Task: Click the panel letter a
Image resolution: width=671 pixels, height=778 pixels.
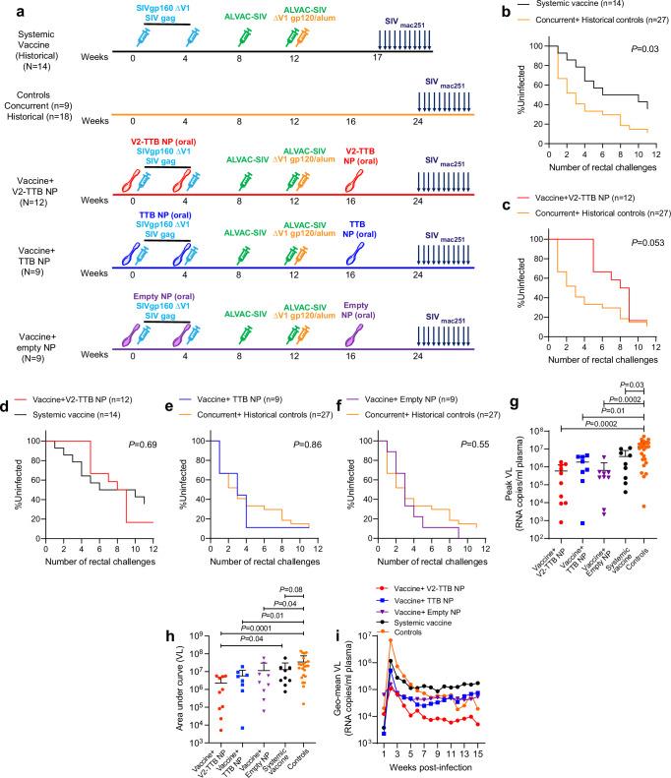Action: [x=7, y=9]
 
